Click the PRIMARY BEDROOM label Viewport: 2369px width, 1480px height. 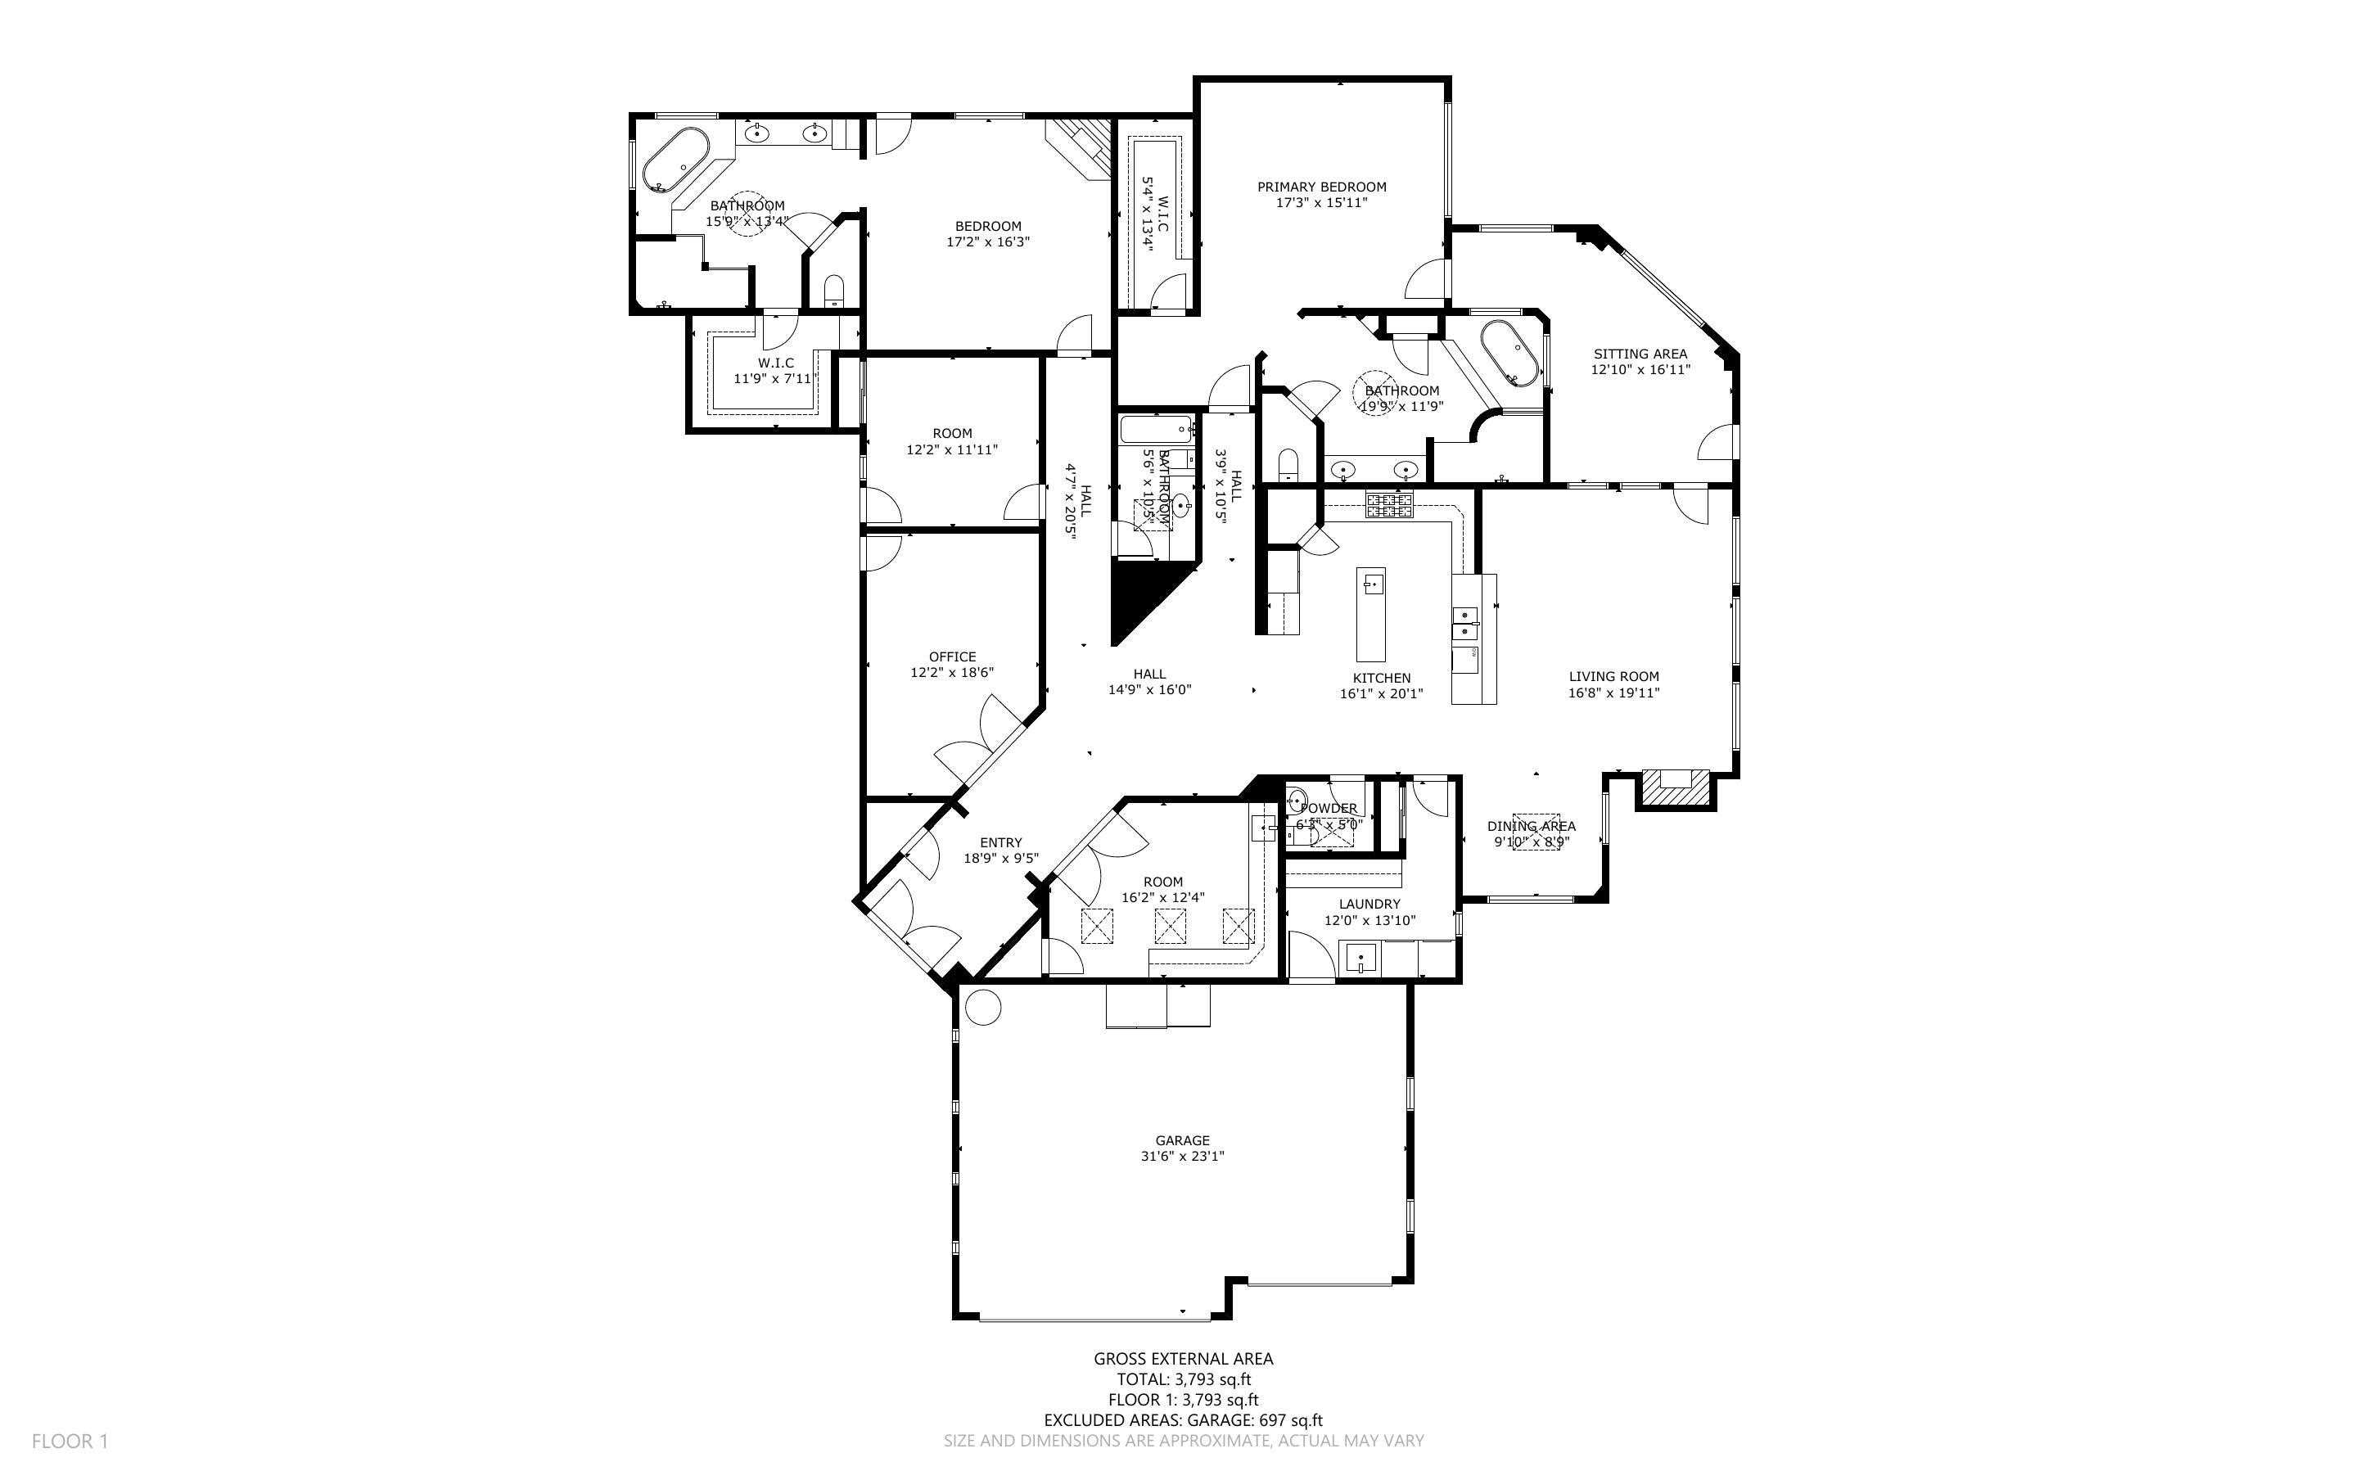(x=1321, y=187)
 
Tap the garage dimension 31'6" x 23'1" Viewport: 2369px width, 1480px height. (x=1182, y=1156)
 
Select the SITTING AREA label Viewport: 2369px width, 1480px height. (x=1640, y=354)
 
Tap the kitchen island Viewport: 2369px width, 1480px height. (x=1371, y=614)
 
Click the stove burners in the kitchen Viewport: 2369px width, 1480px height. (x=1389, y=505)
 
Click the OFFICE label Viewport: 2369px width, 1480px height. (x=952, y=657)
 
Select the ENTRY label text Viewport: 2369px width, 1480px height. (x=1000, y=843)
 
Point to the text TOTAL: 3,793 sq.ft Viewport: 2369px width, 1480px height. (x=1183, y=1379)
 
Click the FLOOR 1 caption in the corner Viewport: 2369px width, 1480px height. (x=70, y=1441)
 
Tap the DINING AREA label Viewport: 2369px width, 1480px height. (x=1531, y=826)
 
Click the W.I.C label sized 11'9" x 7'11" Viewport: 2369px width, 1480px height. (x=775, y=363)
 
